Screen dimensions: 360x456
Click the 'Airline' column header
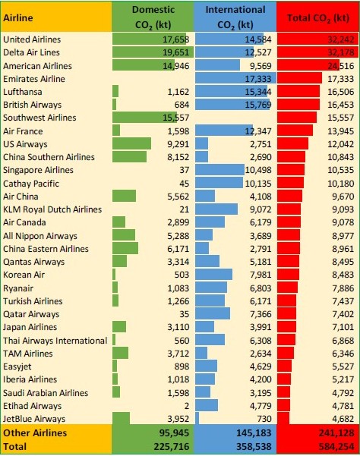pos(17,17)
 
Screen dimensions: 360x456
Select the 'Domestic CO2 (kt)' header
pos(153,17)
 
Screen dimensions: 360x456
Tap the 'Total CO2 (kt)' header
pos(318,18)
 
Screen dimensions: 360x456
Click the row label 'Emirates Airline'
pos(34,79)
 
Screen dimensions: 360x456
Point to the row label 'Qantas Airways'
pos(33,262)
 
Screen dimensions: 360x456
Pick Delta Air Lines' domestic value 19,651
pos(175,52)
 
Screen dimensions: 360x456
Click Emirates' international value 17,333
pos(258,79)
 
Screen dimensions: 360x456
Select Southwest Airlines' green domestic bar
pos(144,117)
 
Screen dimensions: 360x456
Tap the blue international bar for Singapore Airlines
pos(219,170)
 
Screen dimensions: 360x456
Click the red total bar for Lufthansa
pos(298,92)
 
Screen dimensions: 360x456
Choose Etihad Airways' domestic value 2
pos(187,406)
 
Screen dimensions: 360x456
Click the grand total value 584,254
pos(336,446)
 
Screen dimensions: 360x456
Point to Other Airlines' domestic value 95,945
pos(174,433)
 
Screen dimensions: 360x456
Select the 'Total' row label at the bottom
pos(14,446)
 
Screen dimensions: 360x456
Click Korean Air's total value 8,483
pos(343,275)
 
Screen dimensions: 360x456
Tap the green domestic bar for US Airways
pos(131,143)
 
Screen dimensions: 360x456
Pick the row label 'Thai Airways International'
pos(55,341)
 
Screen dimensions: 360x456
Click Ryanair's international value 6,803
pos(261,288)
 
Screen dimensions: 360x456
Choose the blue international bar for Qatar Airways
pos(213,314)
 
